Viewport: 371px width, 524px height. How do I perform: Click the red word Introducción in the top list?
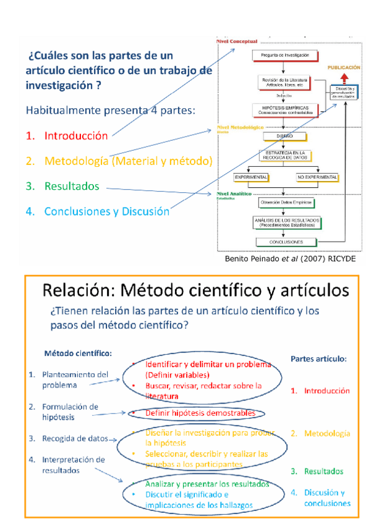pyautogui.click(x=75, y=135)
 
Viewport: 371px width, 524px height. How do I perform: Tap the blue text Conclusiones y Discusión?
pyautogui.click(x=106, y=211)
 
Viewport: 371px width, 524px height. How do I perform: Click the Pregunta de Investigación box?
pyautogui.click(x=284, y=55)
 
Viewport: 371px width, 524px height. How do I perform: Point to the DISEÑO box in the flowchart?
pyautogui.click(x=284, y=136)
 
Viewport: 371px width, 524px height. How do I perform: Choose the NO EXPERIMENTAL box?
pyautogui.click(x=317, y=177)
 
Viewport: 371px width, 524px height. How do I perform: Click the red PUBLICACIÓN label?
pyautogui.click(x=344, y=66)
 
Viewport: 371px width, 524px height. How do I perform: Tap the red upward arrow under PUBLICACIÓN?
pyautogui.click(x=344, y=77)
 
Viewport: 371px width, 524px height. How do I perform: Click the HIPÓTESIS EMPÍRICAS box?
pyautogui.click(x=286, y=109)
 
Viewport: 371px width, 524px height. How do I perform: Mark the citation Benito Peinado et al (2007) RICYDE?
pyautogui.click(x=289, y=258)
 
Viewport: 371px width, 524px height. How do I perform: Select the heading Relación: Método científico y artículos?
pyautogui.click(x=195, y=289)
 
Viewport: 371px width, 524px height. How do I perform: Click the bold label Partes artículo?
pyautogui.click(x=318, y=358)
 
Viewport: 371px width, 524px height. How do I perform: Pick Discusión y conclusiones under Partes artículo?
pyautogui.click(x=327, y=497)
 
